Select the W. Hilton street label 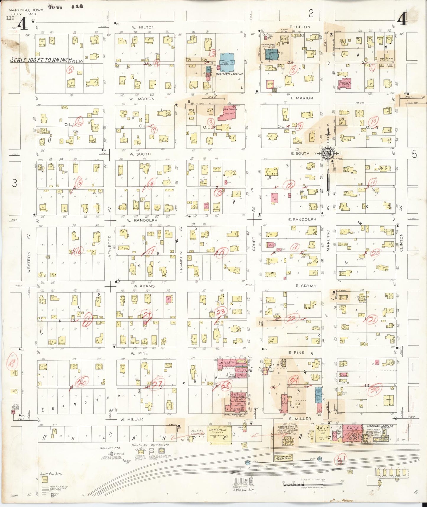click(143, 27)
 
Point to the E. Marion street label click(302, 98)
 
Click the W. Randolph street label click(142, 220)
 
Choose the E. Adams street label click(306, 286)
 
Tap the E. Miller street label click(300, 419)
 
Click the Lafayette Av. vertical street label click(110, 248)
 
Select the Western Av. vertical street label click(29, 262)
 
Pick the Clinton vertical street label click(401, 243)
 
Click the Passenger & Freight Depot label click(284, 458)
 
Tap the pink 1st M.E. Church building click(228, 113)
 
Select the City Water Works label click(15, 407)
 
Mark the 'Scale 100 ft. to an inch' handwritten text click(41, 60)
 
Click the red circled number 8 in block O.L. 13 click(211, 122)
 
